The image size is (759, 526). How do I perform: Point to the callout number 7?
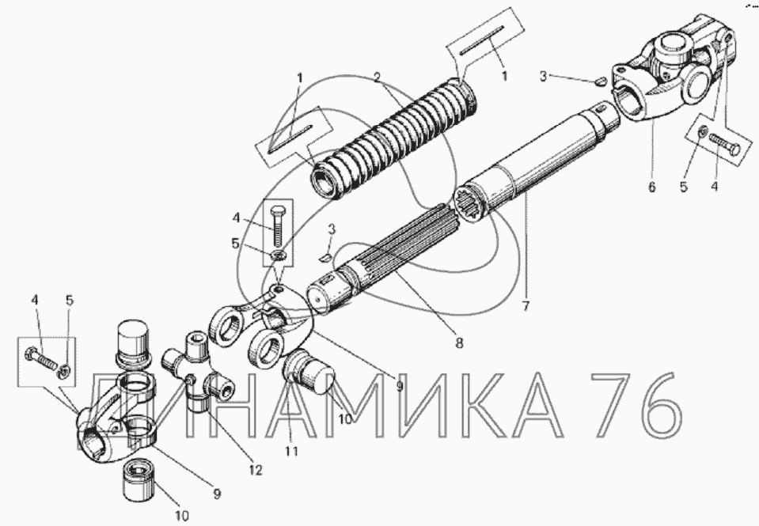tap(526, 306)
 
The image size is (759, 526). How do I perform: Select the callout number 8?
tap(458, 342)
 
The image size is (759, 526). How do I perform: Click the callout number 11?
tap(291, 451)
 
